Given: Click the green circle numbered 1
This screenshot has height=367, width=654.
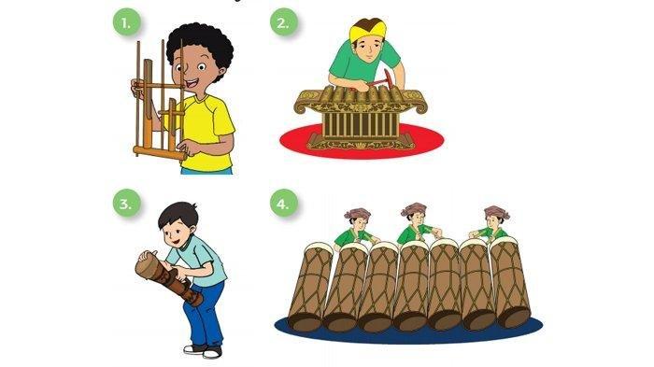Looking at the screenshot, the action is coord(126,21).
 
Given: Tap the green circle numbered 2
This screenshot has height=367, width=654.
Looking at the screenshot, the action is coord(283,21).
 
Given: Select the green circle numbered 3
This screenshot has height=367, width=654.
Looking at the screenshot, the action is coord(126,203).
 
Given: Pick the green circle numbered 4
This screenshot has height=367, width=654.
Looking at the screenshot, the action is coord(283,203).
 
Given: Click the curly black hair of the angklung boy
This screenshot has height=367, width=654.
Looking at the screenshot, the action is coord(200,45).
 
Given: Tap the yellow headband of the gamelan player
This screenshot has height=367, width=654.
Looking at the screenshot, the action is coord(368,30).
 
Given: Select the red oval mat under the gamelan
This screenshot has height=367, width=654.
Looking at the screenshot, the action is coord(362,141).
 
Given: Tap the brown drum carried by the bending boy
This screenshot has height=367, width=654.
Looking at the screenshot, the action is coord(168,276).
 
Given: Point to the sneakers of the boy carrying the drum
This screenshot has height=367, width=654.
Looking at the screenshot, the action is coord(204,351).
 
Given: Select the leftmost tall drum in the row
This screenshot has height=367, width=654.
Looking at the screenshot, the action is coord(310,287).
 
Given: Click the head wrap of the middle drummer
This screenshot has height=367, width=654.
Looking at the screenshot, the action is coord(414,209).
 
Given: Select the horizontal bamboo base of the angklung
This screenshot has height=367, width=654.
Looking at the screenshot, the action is coord(160,152).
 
